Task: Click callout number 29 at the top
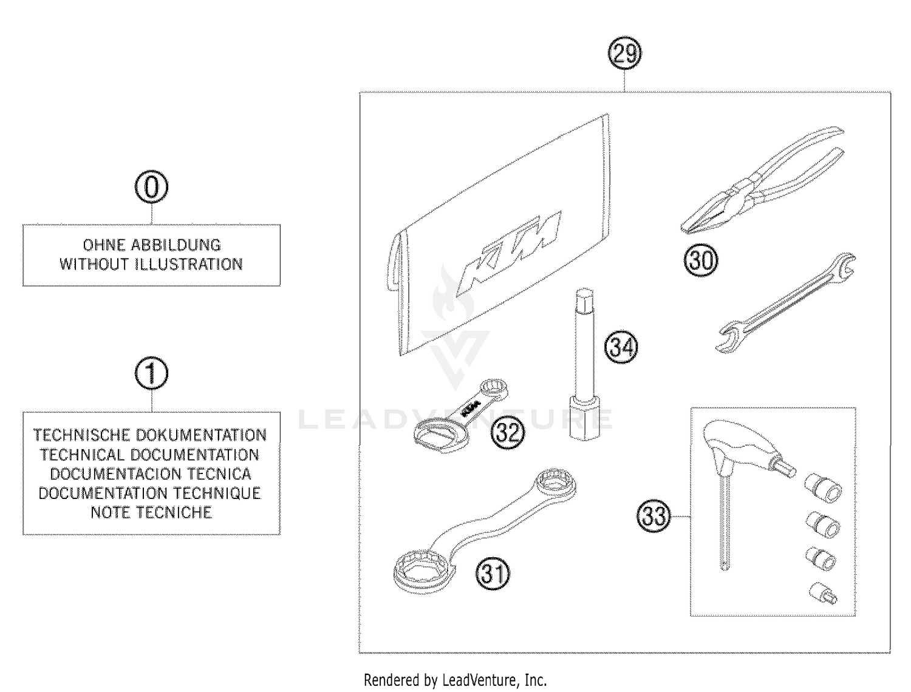625,53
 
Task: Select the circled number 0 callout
151,187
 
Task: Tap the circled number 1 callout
151,373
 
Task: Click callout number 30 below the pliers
701,260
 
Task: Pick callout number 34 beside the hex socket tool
621,347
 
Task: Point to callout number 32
507,432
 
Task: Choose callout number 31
493,573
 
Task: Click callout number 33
654,516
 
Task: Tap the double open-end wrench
786,304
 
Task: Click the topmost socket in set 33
824,488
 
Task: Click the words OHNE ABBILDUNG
151,245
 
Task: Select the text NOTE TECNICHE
151,512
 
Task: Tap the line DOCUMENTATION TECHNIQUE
150,493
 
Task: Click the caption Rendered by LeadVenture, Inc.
455,680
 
